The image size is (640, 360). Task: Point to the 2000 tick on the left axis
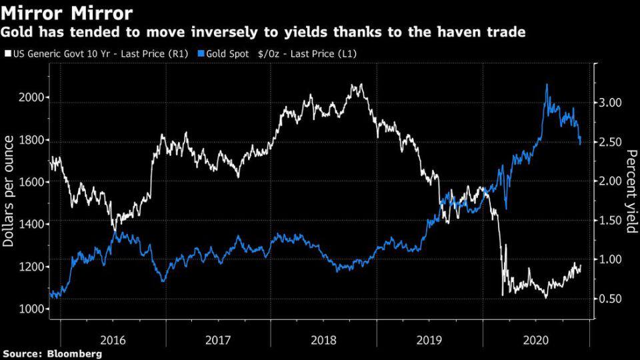pyautogui.click(x=32, y=97)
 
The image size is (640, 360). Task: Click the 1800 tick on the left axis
pyautogui.click(x=32, y=140)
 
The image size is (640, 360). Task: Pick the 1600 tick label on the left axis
pyautogui.click(x=32, y=182)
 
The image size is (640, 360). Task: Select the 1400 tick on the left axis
pyautogui.click(x=32, y=225)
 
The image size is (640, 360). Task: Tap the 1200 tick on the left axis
pyautogui.click(x=32, y=267)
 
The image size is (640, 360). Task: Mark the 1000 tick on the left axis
pyautogui.click(x=32, y=309)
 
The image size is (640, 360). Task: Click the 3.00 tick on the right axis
pyautogui.click(x=609, y=103)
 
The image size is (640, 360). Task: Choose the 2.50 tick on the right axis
pyautogui.click(x=609, y=142)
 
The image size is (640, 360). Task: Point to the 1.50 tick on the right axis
pyautogui.click(x=609, y=221)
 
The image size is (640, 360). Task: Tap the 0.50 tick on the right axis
pyautogui.click(x=609, y=299)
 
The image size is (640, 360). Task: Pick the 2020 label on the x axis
pyautogui.click(x=537, y=338)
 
